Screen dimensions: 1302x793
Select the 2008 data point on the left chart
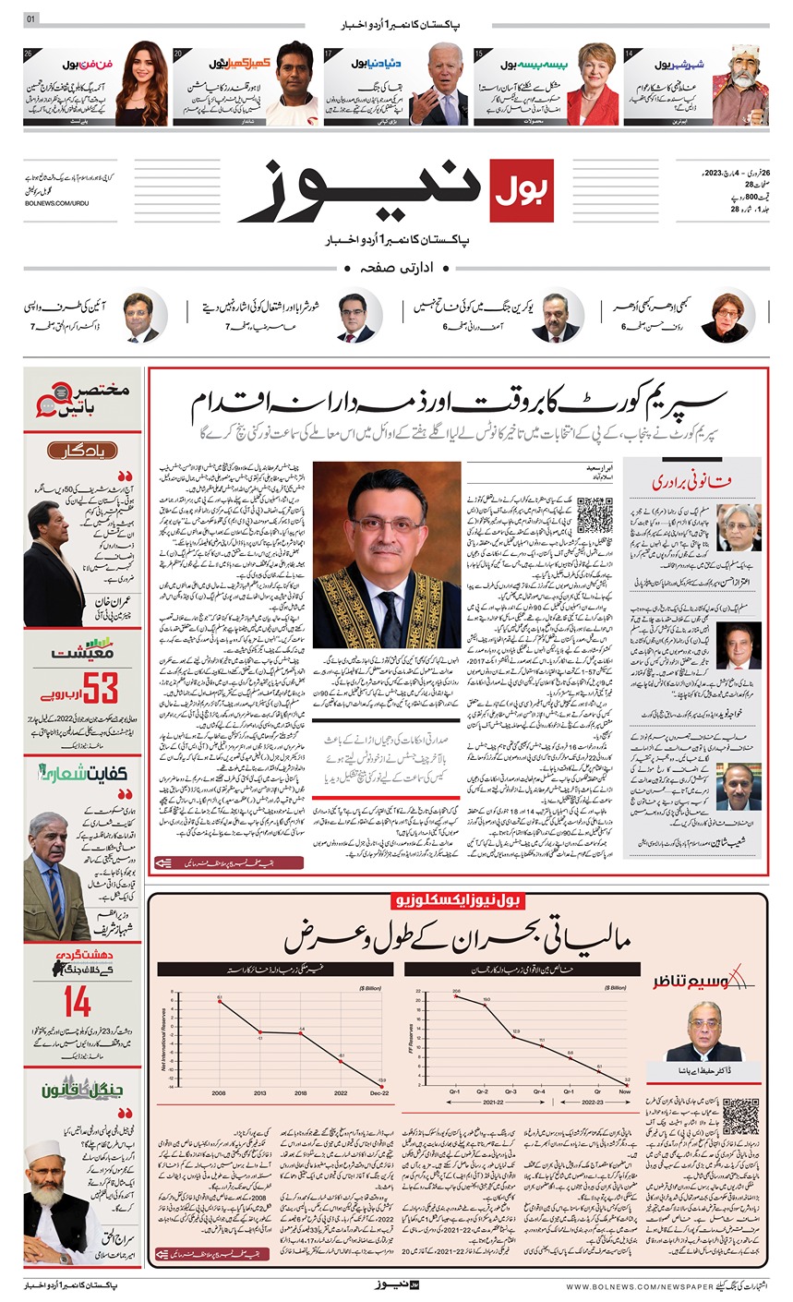click(x=220, y=1001)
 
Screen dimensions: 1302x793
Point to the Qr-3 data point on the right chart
click(x=514, y=1037)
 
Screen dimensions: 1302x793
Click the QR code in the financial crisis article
click(x=740, y=1117)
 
